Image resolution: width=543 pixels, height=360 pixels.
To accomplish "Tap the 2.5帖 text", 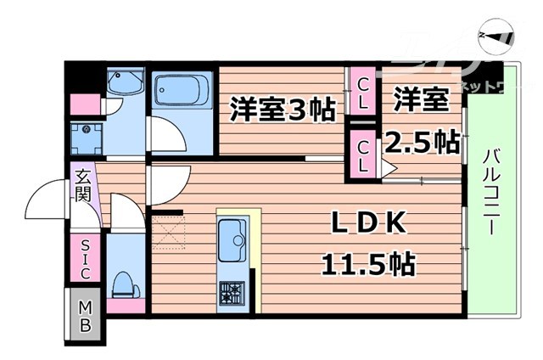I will point(423,142).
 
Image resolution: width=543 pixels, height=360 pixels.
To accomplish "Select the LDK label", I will point(371,225).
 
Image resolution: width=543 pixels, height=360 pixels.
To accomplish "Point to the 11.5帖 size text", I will point(367,266).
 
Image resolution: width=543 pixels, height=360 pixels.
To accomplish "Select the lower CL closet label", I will point(363,155).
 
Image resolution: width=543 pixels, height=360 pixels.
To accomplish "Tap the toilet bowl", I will point(124,281).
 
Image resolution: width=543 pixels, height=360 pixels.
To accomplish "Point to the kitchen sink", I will point(232,240).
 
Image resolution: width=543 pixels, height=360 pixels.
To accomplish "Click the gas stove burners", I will point(231,293).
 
